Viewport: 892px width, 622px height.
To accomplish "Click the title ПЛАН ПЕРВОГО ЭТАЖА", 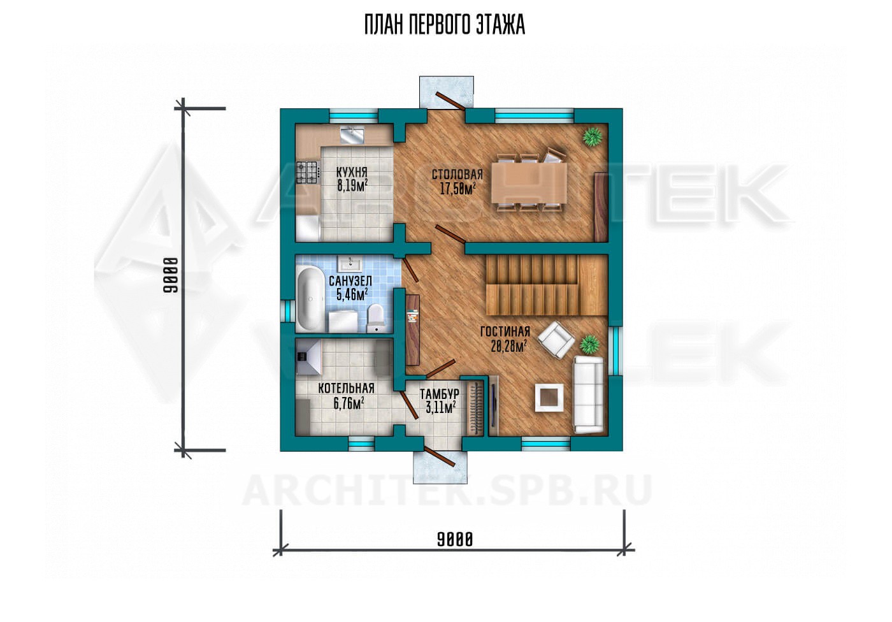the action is coord(445,25).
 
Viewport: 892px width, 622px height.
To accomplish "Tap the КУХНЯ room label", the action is coord(352,173).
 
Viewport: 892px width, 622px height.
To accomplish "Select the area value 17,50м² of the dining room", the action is coord(458,189).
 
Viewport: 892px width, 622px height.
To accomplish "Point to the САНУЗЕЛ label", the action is coord(350,281).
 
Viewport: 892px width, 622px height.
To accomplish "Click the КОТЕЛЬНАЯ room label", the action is coord(346,388).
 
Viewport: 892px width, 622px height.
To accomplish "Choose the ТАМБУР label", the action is coord(440,394).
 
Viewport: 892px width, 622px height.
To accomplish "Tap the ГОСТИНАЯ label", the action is coord(505,331).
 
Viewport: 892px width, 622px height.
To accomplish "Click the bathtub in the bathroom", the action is coord(310,299).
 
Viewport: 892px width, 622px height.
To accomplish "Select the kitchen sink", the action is coord(353,134).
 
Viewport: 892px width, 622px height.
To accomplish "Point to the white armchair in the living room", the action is coord(556,340).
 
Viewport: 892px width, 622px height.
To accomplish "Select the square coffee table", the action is coord(549,398).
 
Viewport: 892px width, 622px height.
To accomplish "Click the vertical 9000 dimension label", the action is coord(171,275).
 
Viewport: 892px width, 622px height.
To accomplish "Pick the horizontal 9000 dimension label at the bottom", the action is coord(455,540).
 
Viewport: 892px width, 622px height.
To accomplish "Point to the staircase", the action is coord(546,284).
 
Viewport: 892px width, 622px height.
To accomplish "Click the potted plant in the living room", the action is coord(589,344).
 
